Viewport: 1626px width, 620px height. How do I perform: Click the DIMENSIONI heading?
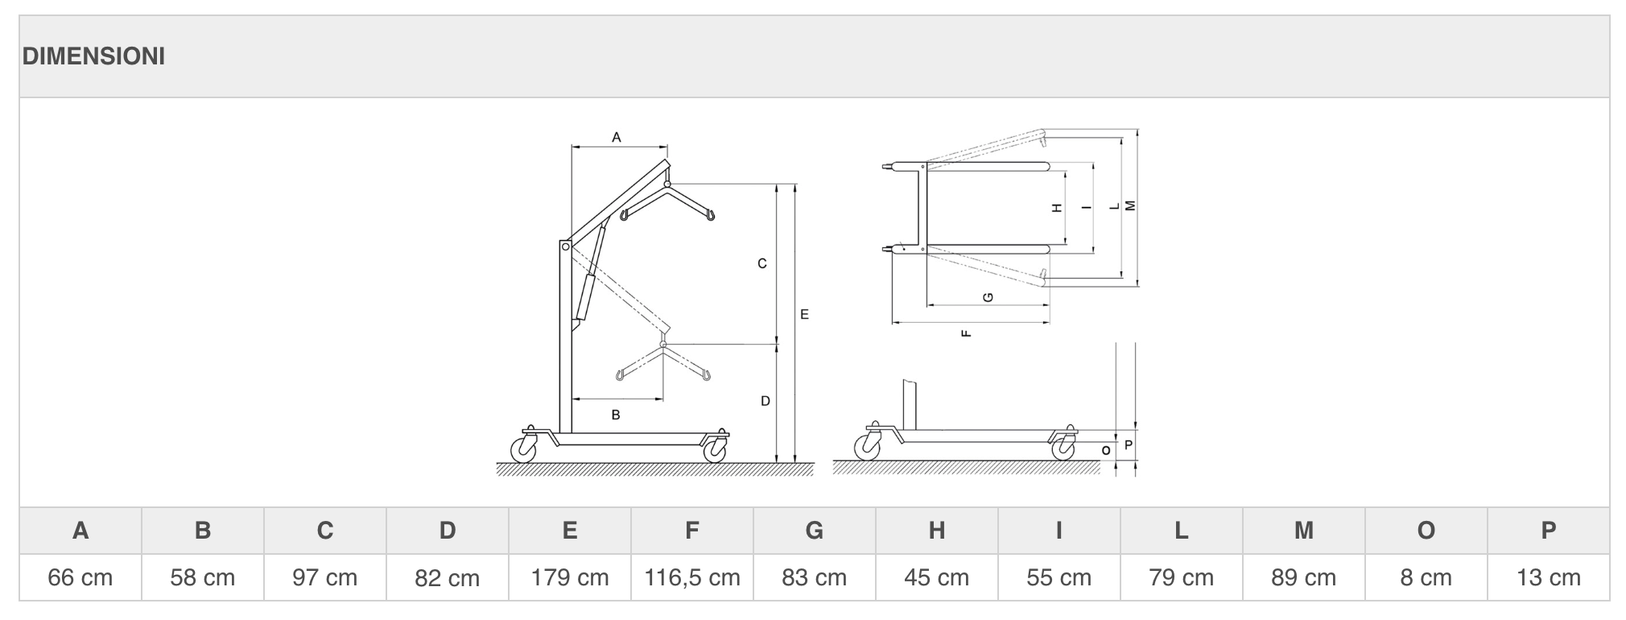point(93,56)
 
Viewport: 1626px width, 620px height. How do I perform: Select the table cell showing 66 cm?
point(80,577)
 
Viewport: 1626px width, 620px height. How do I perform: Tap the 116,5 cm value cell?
point(692,577)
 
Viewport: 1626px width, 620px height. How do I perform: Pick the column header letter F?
point(692,531)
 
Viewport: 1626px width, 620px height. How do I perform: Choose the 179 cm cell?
point(570,577)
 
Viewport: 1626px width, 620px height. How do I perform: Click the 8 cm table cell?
point(1426,577)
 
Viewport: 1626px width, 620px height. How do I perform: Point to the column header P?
point(1549,531)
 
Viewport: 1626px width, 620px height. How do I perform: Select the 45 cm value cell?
point(937,577)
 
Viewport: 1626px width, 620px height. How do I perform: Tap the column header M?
point(1304,531)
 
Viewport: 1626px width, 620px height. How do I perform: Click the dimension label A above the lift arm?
point(617,138)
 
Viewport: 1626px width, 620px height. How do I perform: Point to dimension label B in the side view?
point(616,415)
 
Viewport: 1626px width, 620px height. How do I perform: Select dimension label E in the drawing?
point(804,315)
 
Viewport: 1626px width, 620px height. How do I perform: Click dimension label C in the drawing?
point(762,263)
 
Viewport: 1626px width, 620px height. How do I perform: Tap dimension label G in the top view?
point(989,297)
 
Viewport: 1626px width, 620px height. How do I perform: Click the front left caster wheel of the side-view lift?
point(523,448)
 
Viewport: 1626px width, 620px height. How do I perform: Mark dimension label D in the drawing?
point(766,400)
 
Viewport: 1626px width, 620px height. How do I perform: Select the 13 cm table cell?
point(1549,577)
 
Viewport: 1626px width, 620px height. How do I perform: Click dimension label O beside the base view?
point(1106,450)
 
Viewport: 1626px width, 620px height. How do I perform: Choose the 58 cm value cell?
point(203,577)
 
